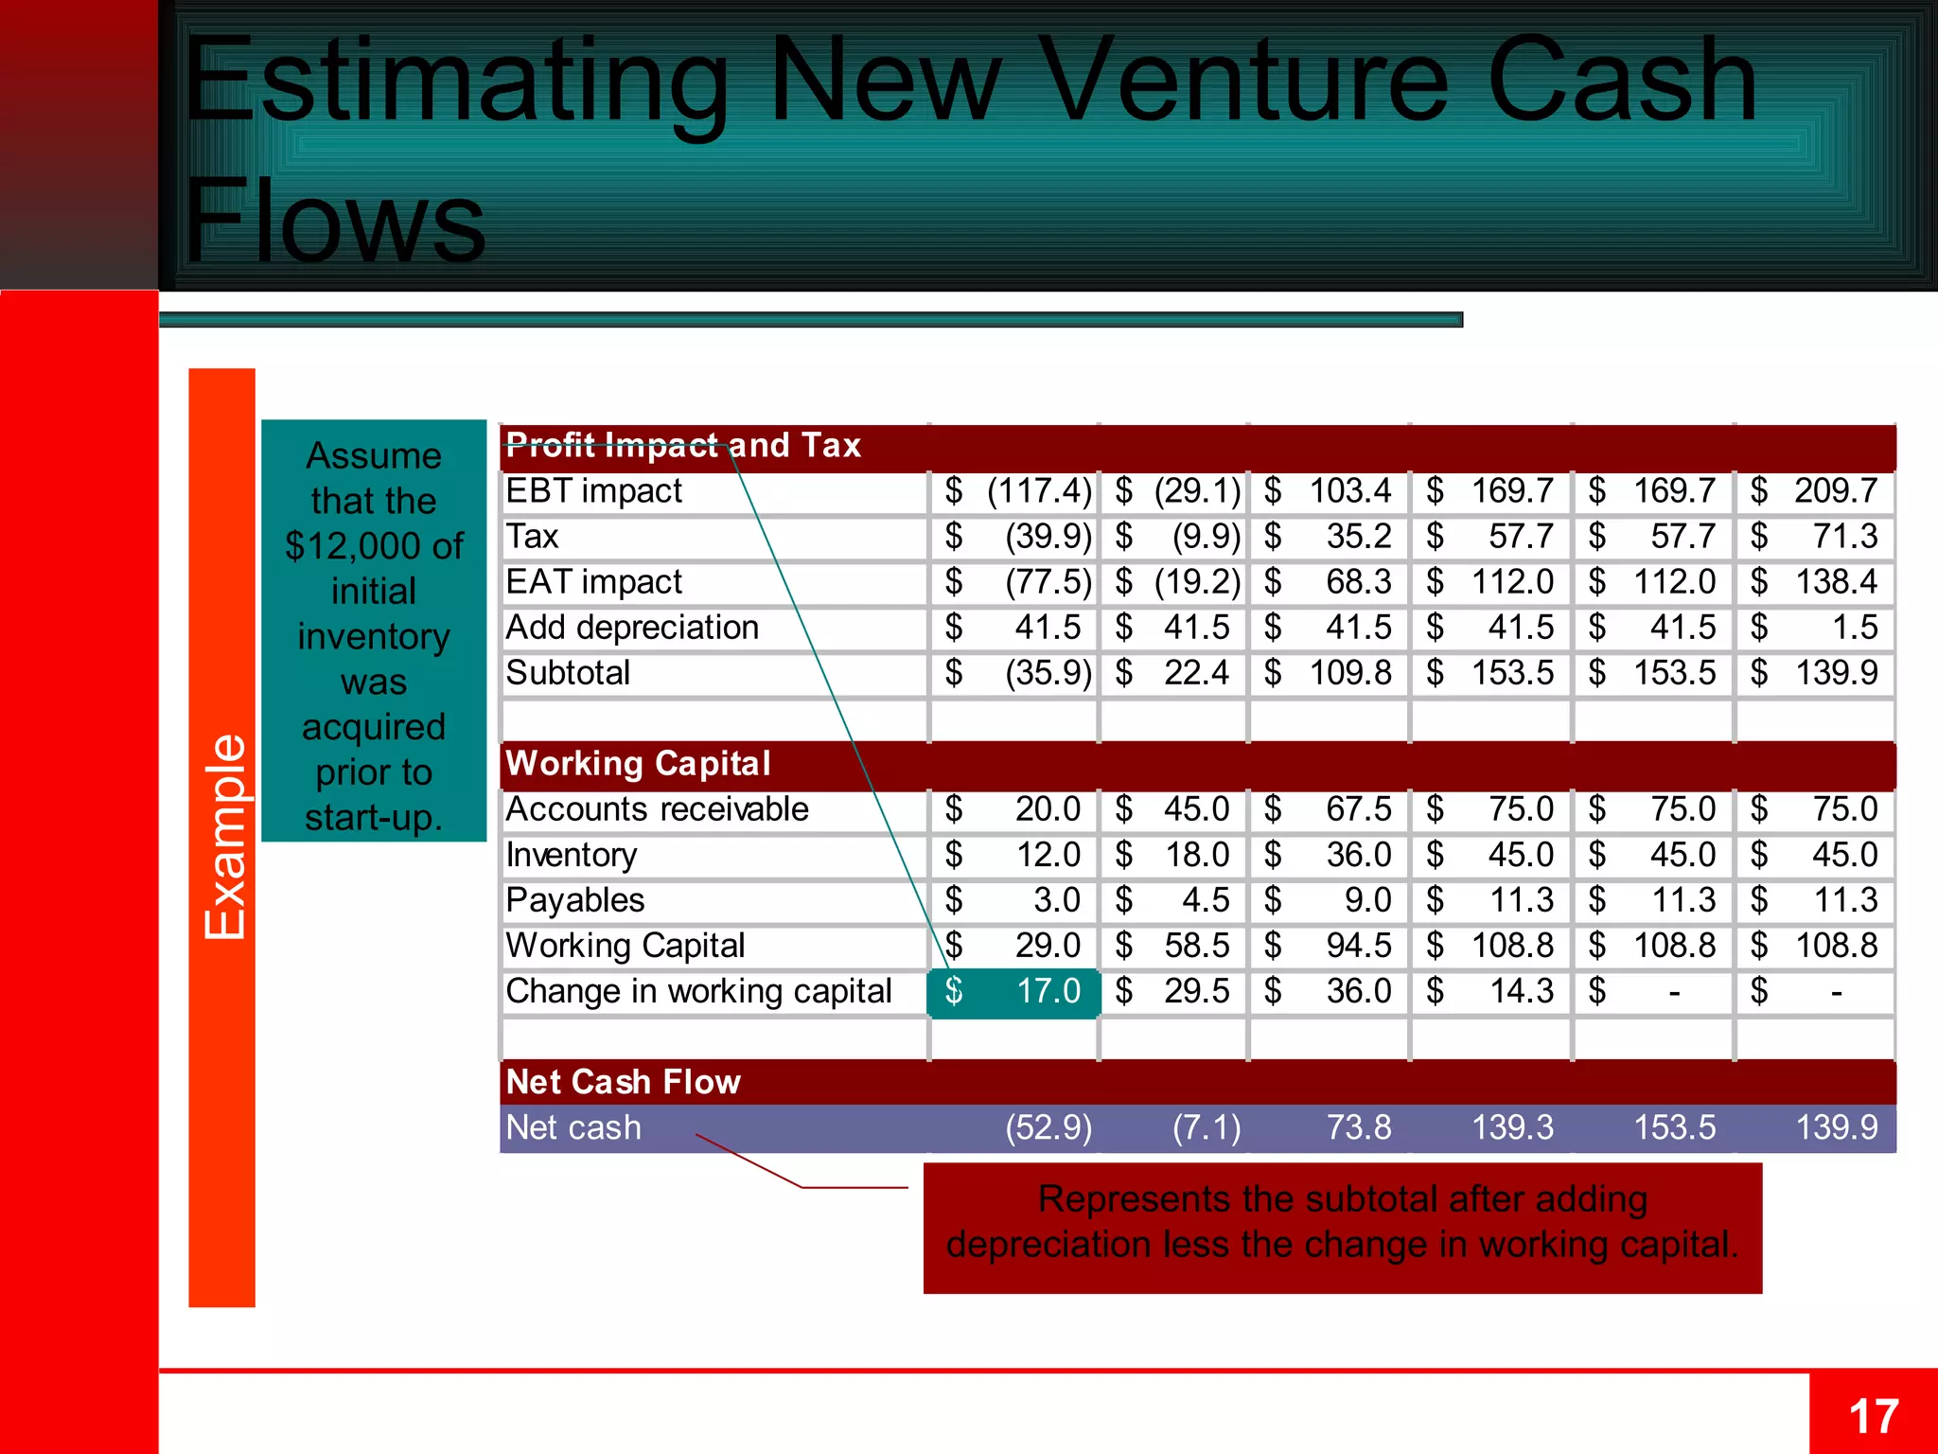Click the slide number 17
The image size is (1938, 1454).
pyautogui.click(x=1873, y=1417)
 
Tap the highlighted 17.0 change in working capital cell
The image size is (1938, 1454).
pyautogui.click(x=1014, y=991)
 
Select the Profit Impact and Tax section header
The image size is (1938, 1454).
pyautogui.click(x=683, y=445)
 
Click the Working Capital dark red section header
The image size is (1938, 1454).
pyautogui.click(x=639, y=763)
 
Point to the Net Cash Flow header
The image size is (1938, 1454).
pyautogui.click(x=624, y=1081)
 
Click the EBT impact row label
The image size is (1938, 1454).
pyautogui.click(x=593, y=490)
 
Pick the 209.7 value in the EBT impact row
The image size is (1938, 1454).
pyautogui.click(x=1835, y=490)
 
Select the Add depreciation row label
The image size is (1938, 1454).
pyautogui.click(x=632, y=627)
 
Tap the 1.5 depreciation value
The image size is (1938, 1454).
pyautogui.click(x=1854, y=627)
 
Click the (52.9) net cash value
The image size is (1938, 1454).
pyautogui.click(x=1048, y=1127)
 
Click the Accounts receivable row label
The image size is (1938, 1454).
pyautogui.click(x=657, y=809)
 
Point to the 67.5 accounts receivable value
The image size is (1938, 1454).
pyautogui.click(x=1358, y=809)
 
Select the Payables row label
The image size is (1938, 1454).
pyautogui.click(x=575, y=900)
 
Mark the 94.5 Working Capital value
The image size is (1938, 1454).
pyautogui.click(x=1358, y=946)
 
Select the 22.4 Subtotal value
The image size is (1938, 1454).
pyautogui.click(x=1196, y=673)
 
